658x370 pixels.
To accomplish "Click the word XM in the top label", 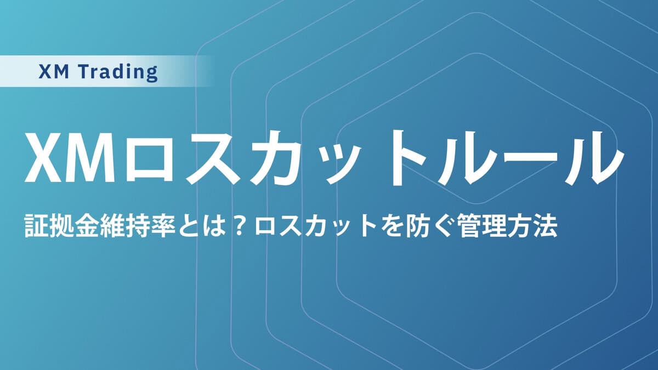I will tap(55, 72).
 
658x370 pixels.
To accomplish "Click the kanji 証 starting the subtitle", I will tap(35, 226).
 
